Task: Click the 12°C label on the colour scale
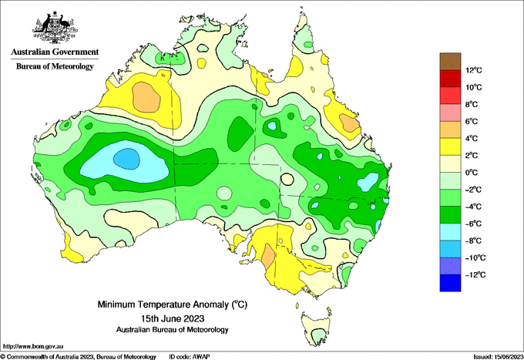(x=474, y=70)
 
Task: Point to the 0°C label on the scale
(x=472, y=173)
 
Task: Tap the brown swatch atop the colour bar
(x=450, y=62)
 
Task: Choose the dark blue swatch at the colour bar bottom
(x=450, y=283)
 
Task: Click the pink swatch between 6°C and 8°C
(x=450, y=113)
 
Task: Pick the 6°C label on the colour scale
(x=472, y=121)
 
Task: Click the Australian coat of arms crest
(x=55, y=28)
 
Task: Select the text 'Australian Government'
(x=55, y=52)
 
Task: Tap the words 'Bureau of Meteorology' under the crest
(x=55, y=66)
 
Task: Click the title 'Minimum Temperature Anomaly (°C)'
(x=172, y=304)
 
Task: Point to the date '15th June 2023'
(x=173, y=318)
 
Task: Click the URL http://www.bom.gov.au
(x=33, y=347)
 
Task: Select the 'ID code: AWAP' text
(x=190, y=357)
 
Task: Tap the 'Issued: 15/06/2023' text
(x=499, y=357)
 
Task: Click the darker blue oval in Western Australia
(x=126, y=159)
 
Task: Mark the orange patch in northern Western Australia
(x=146, y=97)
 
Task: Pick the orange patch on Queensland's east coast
(x=349, y=123)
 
